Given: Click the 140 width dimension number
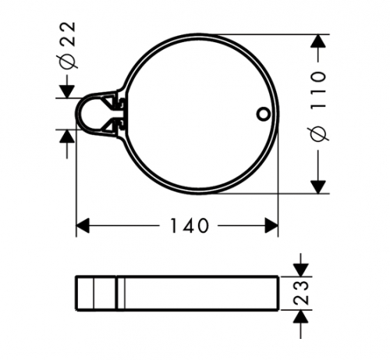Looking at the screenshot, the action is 190,226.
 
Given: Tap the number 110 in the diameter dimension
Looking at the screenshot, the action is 318,90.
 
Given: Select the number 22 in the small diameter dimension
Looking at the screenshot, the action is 68,34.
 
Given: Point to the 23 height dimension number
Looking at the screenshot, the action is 301,293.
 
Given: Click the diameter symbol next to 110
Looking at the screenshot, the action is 318,133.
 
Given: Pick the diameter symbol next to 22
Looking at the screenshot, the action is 67,62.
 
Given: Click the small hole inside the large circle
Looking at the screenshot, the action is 264,115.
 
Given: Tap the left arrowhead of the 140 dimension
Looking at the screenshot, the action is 83,226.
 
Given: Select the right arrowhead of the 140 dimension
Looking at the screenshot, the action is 271,226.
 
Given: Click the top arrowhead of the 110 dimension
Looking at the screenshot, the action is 318,41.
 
